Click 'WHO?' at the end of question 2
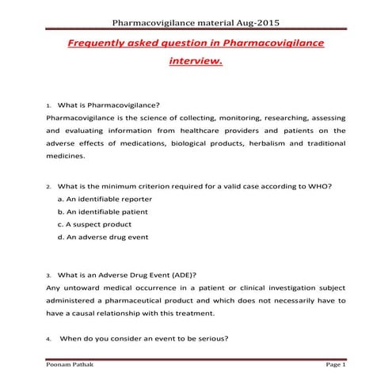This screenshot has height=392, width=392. [x=320, y=186]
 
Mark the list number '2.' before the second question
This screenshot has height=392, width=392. [x=49, y=187]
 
